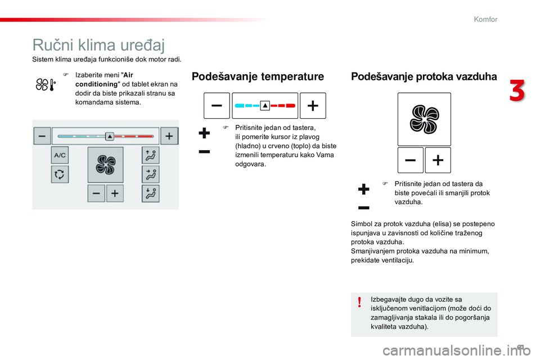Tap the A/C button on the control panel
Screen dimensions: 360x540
[60, 156]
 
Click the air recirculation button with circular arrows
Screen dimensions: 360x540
[60, 174]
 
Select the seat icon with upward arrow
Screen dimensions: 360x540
[150, 156]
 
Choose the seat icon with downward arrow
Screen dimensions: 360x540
[150, 193]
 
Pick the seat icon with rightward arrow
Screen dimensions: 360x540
[150, 174]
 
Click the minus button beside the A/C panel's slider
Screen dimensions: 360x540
[42, 136]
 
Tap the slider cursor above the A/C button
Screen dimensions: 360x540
[110, 136]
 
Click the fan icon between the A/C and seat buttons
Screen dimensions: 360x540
[105, 165]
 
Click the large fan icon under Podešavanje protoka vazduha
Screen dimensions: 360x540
[424, 119]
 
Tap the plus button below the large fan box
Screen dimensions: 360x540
[438, 160]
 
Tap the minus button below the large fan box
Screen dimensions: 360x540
[411, 160]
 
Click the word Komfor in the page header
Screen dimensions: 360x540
[485, 19]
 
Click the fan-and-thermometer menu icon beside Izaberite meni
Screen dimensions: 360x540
[45, 85]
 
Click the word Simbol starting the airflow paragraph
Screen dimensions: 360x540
[362, 224]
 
